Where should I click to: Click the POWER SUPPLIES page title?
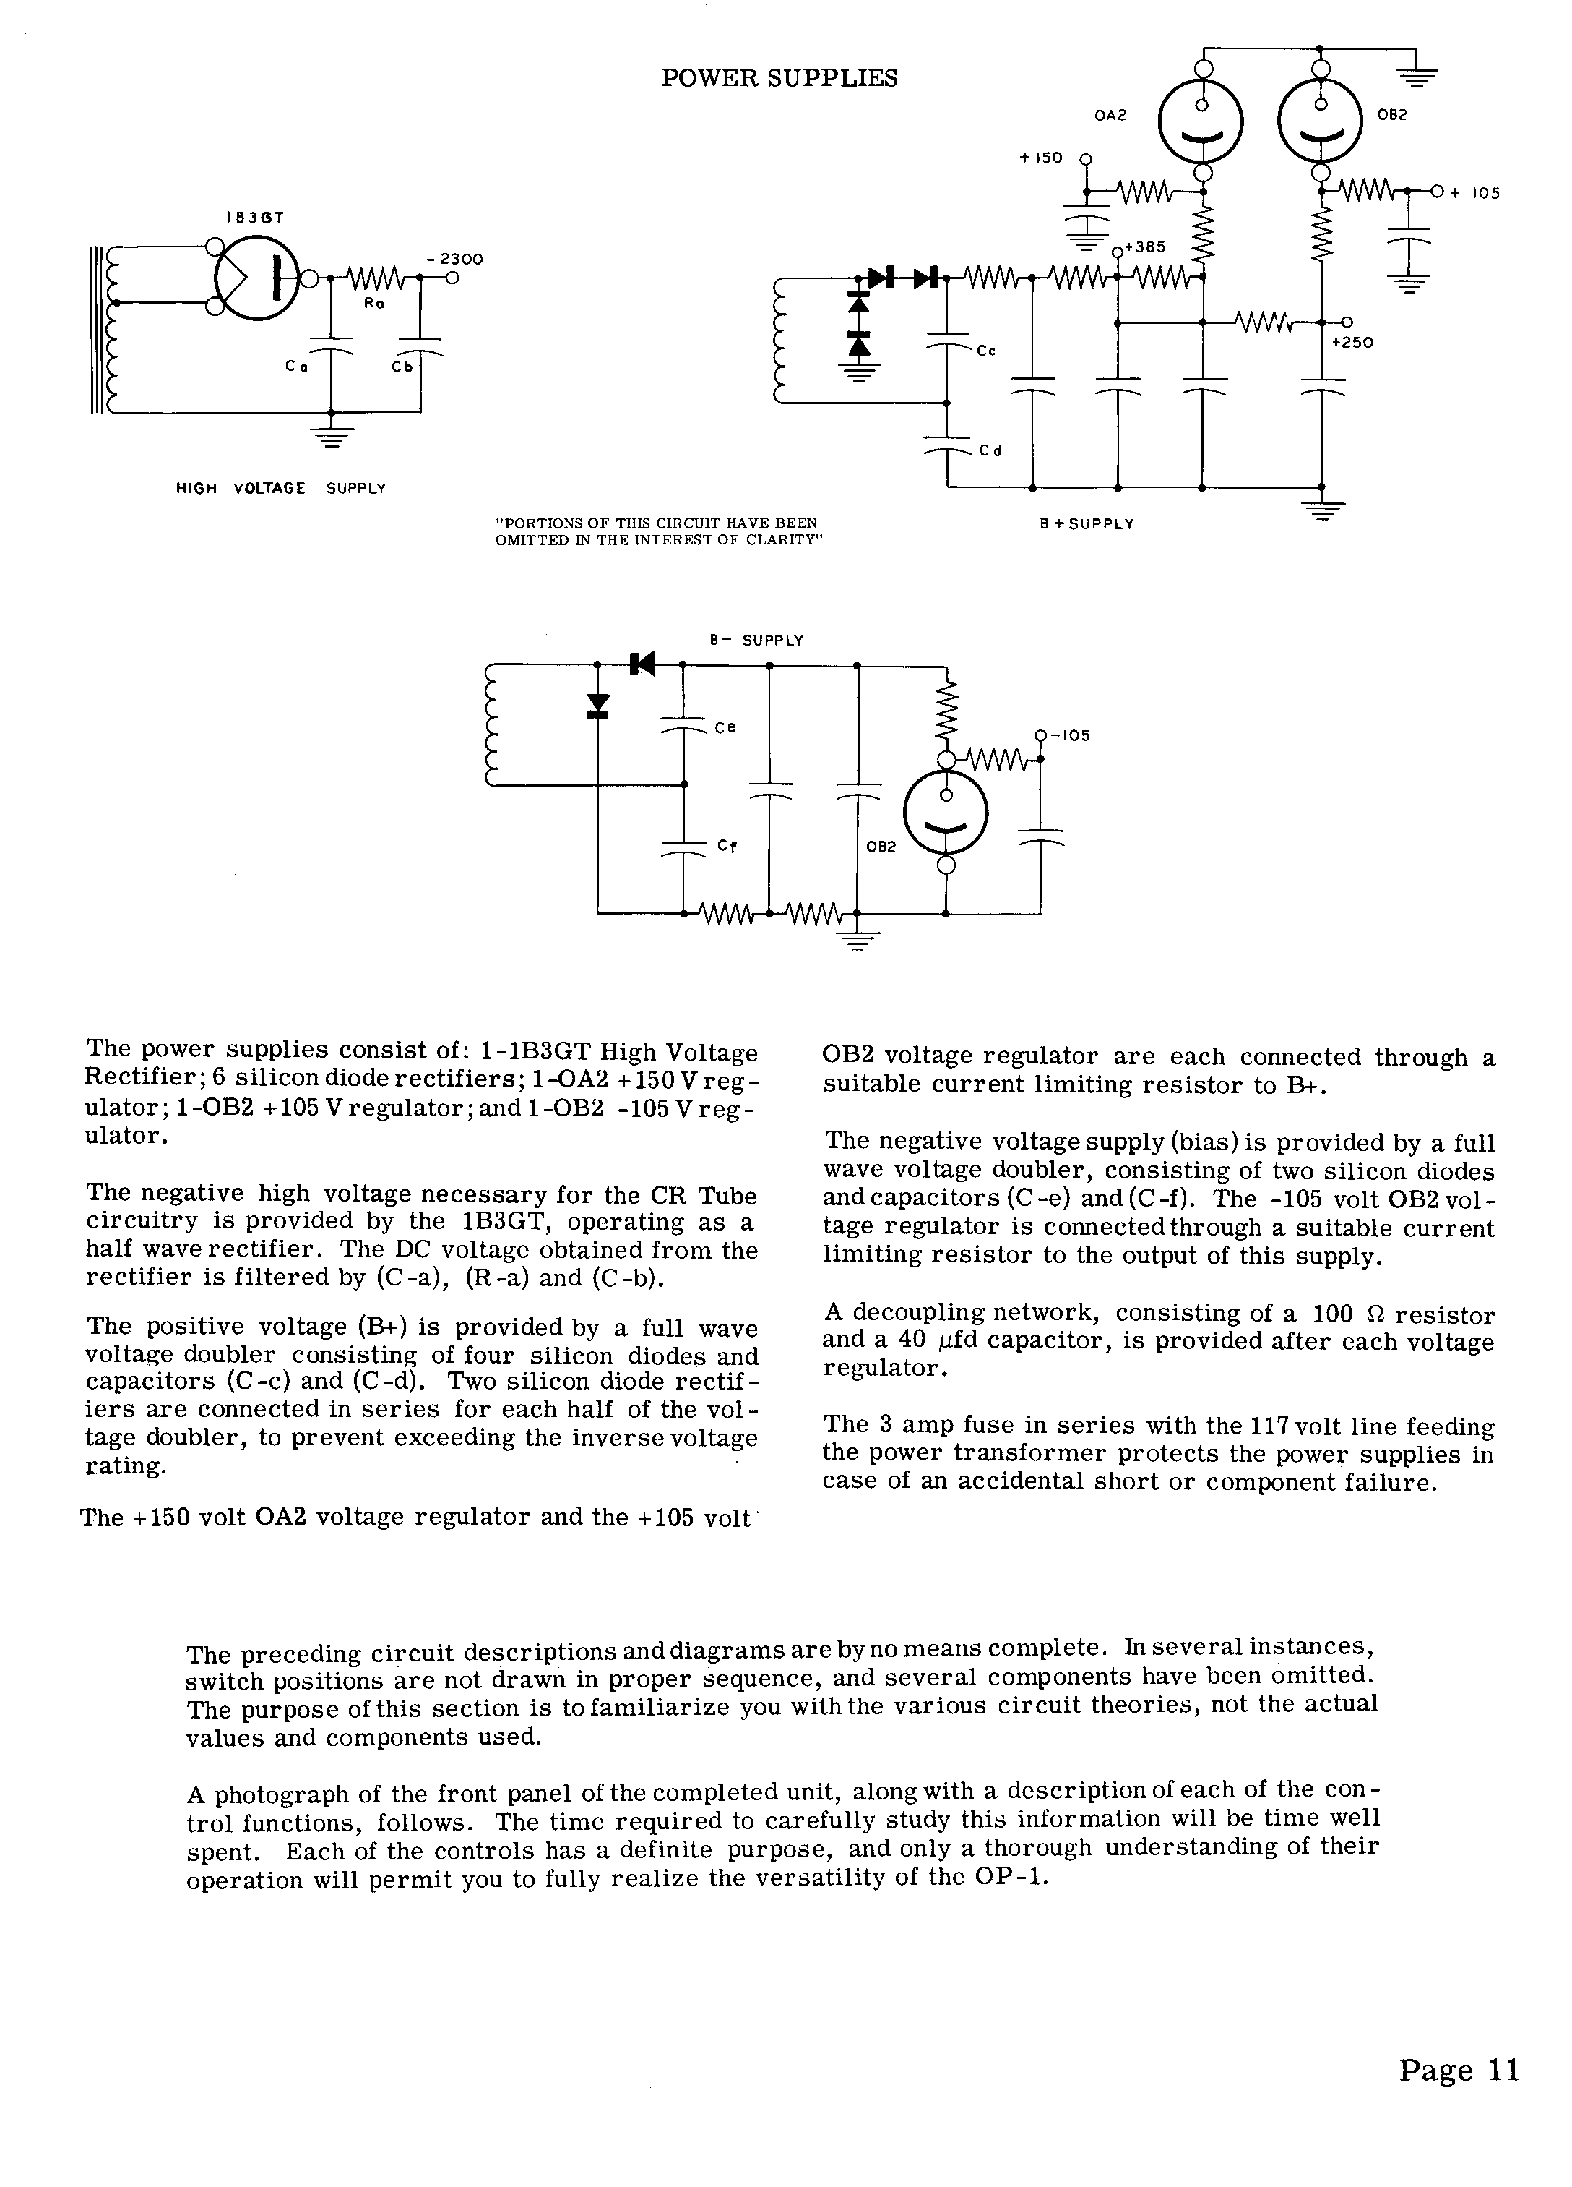pyautogui.click(x=779, y=78)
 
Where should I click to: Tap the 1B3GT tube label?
pyautogui.click(x=256, y=218)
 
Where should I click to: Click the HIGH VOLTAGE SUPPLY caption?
pyautogui.click(x=280, y=489)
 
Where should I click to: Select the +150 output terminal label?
pyautogui.click(x=1041, y=157)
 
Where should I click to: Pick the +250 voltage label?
pyautogui.click(x=1351, y=342)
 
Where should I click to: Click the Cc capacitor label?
pyautogui.click(x=985, y=352)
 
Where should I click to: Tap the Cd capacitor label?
pyautogui.click(x=990, y=450)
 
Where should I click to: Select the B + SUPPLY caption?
pyautogui.click(x=1087, y=523)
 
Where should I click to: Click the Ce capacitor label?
pyautogui.click(x=725, y=727)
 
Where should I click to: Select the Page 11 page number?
pyautogui.click(x=1459, y=2071)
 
